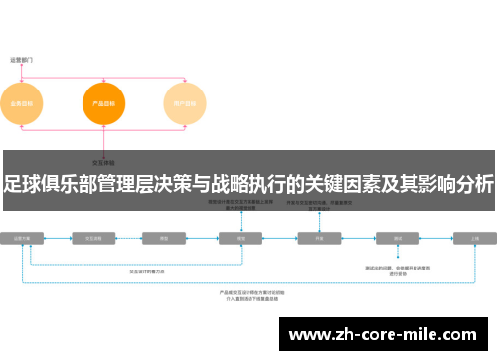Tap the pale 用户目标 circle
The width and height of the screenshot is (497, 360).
pyautogui.click(x=183, y=103)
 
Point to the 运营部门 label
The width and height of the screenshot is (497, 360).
pyautogui.click(x=22, y=60)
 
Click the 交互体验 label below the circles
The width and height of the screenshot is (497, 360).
pyautogui.click(x=102, y=161)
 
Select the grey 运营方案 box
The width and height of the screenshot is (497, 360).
pyautogui.click(x=22, y=239)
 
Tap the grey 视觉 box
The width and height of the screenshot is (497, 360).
pyautogui.click(x=240, y=239)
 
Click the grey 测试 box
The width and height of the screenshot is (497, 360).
pyautogui.click(x=397, y=239)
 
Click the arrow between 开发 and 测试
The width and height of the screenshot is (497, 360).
pyautogui.click(x=359, y=239)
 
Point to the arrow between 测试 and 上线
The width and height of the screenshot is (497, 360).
pyautogui.click(x=436, y=239)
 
